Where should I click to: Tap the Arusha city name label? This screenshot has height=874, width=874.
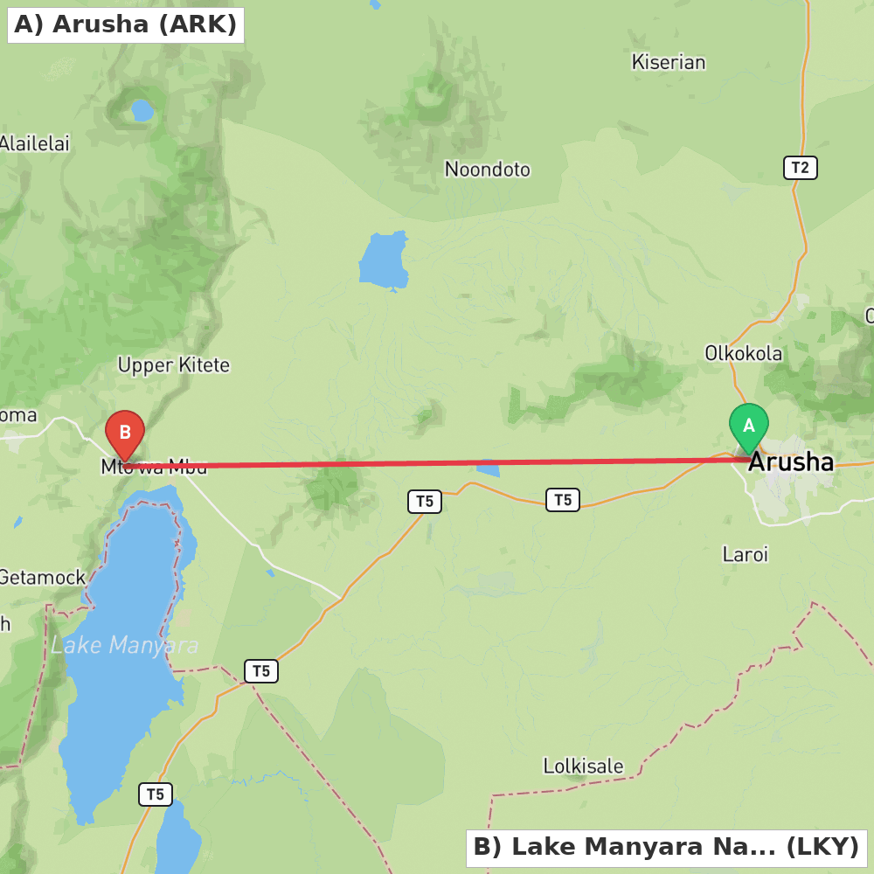coord(791,462)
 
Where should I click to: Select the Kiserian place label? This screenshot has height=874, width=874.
coord(669,62)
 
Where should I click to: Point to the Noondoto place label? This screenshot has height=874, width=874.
coord(488,169)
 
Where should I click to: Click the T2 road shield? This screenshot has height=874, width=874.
coord(800,168)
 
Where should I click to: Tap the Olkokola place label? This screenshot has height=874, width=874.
coord(744,353)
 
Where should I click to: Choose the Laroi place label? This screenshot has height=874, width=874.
coord(746,553)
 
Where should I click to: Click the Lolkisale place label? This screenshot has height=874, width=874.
coord(583,766)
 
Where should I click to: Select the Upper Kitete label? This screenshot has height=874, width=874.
coord(174,364)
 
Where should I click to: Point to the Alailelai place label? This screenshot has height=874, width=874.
coord(34,143)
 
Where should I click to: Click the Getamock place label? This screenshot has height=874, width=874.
coord(42,577)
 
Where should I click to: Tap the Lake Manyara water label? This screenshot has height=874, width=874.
coord(124,646)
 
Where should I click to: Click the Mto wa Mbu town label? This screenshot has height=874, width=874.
coord(155,467)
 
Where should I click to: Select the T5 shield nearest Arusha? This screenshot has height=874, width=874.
coord(563,500)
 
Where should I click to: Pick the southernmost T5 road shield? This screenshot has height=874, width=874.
coord(156,794)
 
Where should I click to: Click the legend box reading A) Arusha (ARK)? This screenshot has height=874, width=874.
coord(126,24)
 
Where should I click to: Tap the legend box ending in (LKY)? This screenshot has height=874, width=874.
coord(666,848)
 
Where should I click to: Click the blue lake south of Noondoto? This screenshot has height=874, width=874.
coord(384,260)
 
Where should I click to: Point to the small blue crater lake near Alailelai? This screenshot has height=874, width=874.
coord(142,111)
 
